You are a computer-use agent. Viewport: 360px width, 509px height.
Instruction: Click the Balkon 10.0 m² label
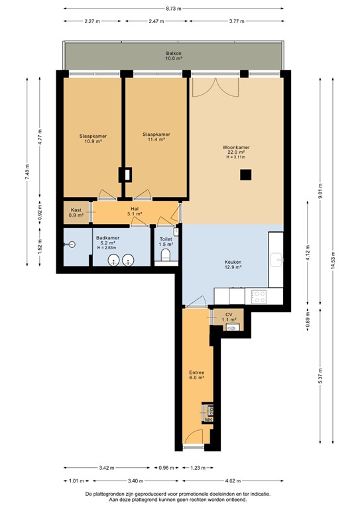174,56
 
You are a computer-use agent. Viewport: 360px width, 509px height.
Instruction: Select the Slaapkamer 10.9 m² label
93,139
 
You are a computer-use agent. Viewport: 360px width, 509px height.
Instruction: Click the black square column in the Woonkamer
246,175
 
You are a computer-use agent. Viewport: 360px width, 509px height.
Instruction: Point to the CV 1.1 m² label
229,317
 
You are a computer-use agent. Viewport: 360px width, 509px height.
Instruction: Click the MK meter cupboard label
208,420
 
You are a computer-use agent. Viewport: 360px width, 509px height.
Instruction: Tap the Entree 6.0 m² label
196,375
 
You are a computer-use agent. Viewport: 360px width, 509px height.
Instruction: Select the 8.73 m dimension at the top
173,9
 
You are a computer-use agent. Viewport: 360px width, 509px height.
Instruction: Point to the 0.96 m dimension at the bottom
166,468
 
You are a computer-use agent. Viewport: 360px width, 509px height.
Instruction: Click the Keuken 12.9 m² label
232,264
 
